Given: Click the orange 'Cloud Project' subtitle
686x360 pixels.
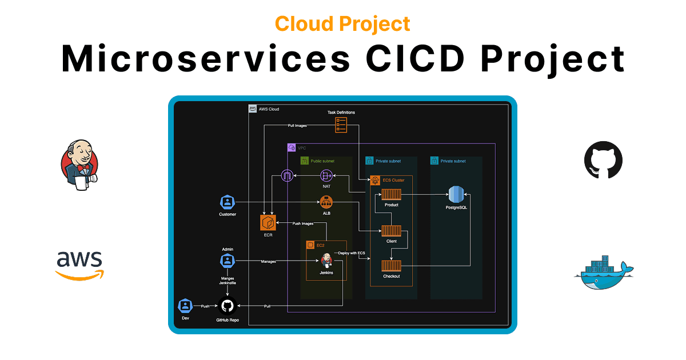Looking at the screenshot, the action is coord(342,24).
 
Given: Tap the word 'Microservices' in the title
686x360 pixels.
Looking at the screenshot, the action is coord(206,58).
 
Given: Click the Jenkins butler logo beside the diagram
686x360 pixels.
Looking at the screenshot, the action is coord(79,165).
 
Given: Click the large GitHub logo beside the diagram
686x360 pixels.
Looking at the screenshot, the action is coord(603,160).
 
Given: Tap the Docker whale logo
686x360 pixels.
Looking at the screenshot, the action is coord(604,273).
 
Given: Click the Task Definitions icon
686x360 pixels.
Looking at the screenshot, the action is coord(341,125).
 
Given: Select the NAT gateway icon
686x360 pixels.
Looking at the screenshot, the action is coord(326,176).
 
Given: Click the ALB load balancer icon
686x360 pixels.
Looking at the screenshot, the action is coord(326,202).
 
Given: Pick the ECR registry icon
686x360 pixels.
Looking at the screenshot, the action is coord(268,222).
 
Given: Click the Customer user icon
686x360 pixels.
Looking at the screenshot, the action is coord(228,202).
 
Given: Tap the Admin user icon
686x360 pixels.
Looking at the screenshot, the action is coord(228,261).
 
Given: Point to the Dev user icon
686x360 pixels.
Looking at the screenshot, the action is coord(185,306).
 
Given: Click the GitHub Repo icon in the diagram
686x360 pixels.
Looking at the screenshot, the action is coord(228,306).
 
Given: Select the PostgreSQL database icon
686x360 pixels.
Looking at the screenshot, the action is coord(456,194).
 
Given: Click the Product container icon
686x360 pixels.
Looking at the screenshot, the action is coord(392,194).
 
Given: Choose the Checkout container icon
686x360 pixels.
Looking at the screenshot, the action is coord(392,266).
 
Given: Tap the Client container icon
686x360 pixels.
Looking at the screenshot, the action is coord(392,231).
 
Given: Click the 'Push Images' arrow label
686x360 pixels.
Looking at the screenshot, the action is coord(303,223).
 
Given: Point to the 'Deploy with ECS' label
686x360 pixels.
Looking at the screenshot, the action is coord(352,253).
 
